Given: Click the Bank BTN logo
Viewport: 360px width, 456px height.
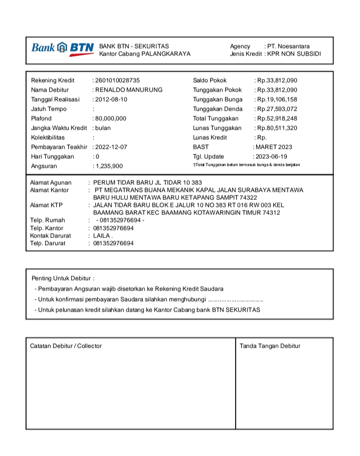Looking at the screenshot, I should tap(62, 48).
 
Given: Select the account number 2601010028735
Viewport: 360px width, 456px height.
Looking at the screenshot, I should tap(117, 80).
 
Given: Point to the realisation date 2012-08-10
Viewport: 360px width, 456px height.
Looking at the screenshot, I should tap(111, 99).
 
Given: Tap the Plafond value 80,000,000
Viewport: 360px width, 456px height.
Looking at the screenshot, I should tap(110, 118).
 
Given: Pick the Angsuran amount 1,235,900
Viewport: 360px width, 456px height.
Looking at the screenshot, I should tap(109, 166).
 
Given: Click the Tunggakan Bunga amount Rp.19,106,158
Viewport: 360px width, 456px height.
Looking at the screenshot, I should tap(277, 99).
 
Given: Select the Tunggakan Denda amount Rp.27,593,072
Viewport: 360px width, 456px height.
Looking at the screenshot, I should tap(277, 109).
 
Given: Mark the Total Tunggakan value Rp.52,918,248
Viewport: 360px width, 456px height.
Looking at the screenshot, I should tap(277, 118).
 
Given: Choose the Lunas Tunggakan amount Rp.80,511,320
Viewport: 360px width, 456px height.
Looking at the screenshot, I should tap(277, 128).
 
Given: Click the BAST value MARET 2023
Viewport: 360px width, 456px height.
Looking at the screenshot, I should tap(274, 147).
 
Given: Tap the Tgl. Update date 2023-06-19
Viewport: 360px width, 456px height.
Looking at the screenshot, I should tap(271, 156).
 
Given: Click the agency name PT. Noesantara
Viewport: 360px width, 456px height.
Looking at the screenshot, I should tap(288, 46).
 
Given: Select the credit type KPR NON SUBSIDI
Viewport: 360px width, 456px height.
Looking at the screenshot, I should tap(294, 54).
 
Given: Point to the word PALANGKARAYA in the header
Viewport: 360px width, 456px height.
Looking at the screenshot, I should tap(166, 54).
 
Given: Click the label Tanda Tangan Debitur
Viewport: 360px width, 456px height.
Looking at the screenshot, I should tap(270, 346).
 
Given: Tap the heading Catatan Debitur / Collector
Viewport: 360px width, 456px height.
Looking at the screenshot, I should tap(66, 346).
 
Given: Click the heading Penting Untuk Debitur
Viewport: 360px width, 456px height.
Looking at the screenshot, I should tap(63, 278).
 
